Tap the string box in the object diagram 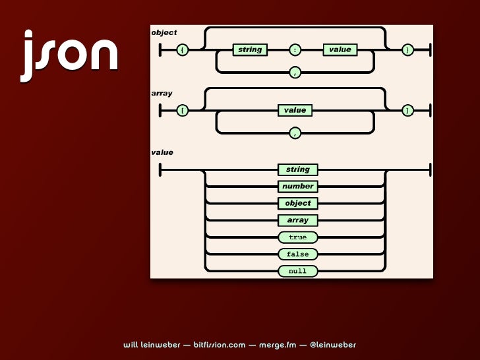(x=250, y=49)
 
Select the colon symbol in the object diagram (x=295, y=49)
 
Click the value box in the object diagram (x=340, y=49)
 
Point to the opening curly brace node (x=182, y=49)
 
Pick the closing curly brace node (x=408, y=49)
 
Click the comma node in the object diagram (x=295, y=72)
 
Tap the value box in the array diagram (x=295, y=110)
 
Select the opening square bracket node (x=182, y=110)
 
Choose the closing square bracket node (x=408, y=110)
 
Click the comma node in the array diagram (x=295, y=133)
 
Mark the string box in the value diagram (x=297, y=169)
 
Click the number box (x=297, y=187)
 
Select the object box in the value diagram (x=297, y=203)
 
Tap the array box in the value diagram (x=297, y=220)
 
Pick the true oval (x=297, y=237)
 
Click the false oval (x=297, y=254)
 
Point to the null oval (x=297, y=271)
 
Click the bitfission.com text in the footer (x=220, y=345)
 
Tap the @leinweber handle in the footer (x=332, y=345)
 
